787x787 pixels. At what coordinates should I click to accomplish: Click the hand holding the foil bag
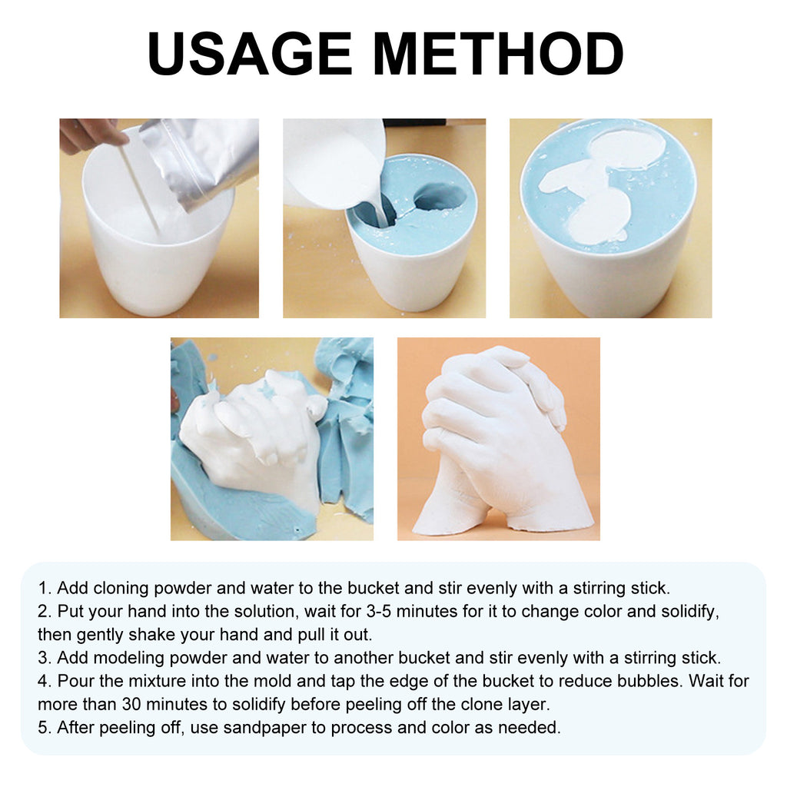[x=90, y=134]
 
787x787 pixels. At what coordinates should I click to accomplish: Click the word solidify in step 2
[x=694, y=612]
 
